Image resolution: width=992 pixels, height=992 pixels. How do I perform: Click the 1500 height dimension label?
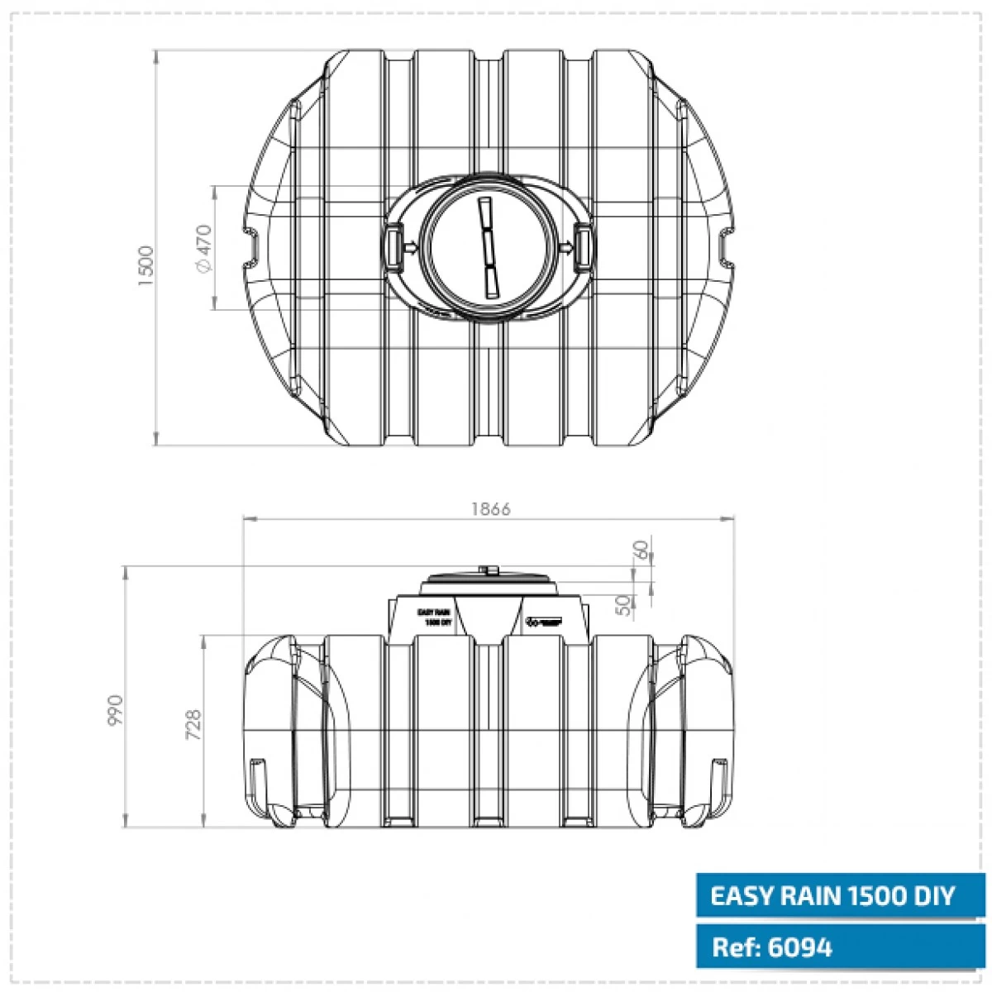click(x=146, y=265)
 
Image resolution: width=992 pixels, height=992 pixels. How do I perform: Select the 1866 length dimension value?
click(x=491, y=508)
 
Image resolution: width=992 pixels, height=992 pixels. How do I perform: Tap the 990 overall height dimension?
click(x=115, y=710)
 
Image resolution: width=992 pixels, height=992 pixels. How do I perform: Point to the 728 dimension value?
click(x=194, y=725)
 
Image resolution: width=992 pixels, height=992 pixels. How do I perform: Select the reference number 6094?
click(x=799, y=947)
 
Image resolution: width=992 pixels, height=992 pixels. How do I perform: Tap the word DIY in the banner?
click(x=932, y=895)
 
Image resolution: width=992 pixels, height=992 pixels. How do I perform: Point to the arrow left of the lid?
click(x=411, y=246)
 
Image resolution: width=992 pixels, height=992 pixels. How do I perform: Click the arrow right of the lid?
click(x=565, y=246)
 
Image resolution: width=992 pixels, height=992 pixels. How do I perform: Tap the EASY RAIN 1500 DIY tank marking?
click(x=434, y=617)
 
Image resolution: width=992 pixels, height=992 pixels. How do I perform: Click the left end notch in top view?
click(x=251, y=247)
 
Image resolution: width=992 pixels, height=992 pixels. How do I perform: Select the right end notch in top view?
click(x=725, y=247)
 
